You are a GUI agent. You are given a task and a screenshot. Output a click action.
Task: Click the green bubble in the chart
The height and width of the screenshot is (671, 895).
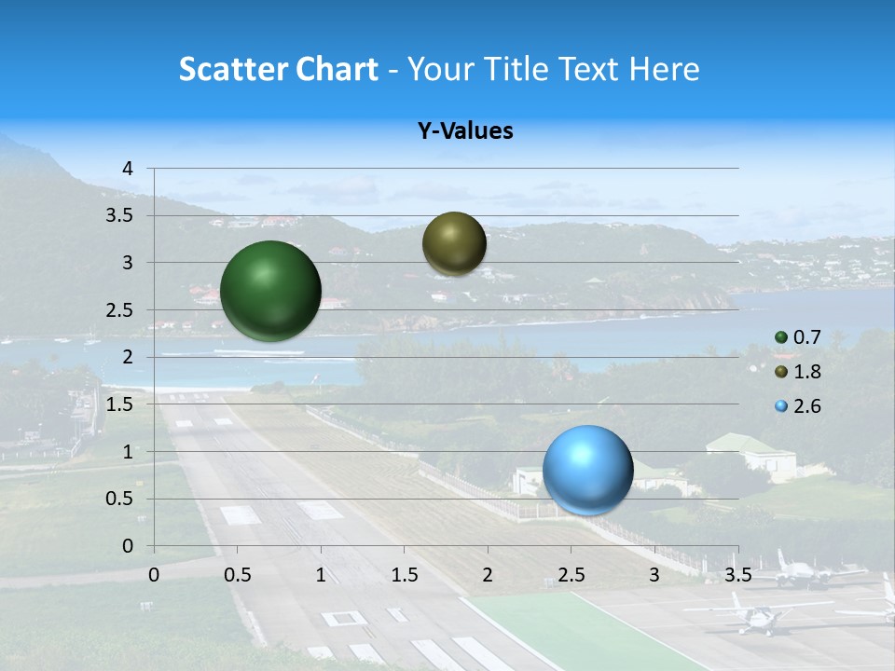pyautogui.click(x=270, y=291)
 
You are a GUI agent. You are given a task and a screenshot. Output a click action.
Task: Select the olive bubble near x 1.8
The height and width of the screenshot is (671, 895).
pyautogui.click(x=454, y=243)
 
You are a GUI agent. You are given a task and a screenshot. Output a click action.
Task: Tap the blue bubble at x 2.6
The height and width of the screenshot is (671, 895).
pyautogui.click(x=587, y=470)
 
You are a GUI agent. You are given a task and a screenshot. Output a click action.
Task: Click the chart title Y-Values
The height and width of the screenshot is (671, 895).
pyautogui.click(x=464, y=131)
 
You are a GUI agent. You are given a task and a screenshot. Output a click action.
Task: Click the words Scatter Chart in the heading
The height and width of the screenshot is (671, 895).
pyautogui.click(x=278, y=69)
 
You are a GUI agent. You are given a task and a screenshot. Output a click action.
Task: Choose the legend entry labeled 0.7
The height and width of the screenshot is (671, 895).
pyautogui.click(x=806, y=337)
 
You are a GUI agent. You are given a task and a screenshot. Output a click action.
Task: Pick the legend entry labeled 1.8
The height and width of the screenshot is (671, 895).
pyautogui.click(x=806, y=372)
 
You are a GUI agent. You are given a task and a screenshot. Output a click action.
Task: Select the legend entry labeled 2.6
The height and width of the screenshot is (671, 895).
pyautogui.click(x=806, y=406)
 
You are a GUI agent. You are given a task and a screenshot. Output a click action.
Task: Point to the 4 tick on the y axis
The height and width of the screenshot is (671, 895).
pyautogui.click(x=129, y=169)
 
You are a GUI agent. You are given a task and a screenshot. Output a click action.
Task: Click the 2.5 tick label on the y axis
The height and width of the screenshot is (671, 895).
pyautogui.click(x=119, y=310)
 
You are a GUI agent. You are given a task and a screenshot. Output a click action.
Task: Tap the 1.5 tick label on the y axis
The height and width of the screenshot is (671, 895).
pyautogui.click(x=119, y=404)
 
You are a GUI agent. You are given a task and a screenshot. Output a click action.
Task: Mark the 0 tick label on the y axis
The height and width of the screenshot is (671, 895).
pyautogui.click(x=129, y=546)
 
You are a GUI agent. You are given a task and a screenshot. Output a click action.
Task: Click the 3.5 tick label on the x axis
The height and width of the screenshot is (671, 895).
pyautogui.click(x=737, y=574)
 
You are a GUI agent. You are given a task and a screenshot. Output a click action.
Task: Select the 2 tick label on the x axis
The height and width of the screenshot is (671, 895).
pyautogui.click(x=488, y=574)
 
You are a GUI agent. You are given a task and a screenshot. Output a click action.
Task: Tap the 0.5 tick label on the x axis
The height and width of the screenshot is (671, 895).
pyautogui.click(x=238, y=574)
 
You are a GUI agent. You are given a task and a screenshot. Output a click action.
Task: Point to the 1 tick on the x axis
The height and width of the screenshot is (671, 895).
pyautogui.click(x=321, y=574)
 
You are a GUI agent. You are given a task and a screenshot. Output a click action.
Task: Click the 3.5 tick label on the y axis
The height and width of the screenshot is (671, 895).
pyautogui.click(x=119, y=216)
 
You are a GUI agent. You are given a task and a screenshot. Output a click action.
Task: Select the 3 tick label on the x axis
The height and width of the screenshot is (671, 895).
pyautogui.click(x=654, y=574)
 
